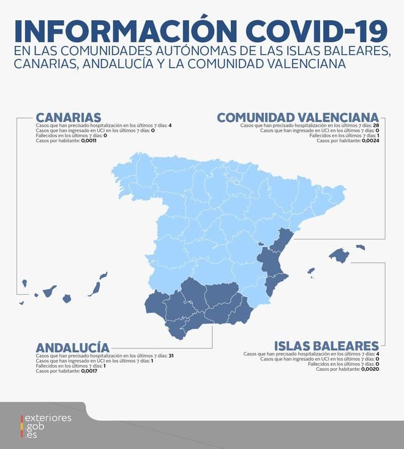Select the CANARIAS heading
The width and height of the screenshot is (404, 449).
tap(68, 117)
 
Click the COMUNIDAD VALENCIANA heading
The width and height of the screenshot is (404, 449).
tap(298, 117)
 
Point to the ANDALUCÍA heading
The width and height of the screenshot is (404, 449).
tap(72, 347)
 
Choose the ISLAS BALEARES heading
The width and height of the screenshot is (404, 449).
tap(326, 345)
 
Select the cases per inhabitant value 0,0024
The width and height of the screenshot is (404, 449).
tap(370, 140)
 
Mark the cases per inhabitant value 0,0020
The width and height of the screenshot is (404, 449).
tap(370, 369)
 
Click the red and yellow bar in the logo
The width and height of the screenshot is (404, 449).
tap(23, 426)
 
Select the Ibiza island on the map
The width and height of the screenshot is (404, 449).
tap(311, 270)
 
